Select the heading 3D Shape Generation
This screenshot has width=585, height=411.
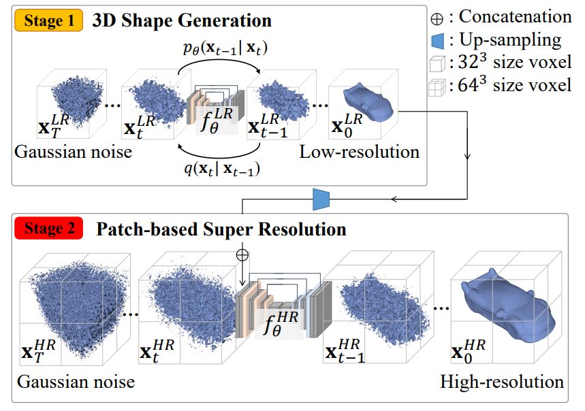click(x=182, y=20)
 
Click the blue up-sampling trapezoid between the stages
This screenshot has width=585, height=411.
click(x=321, y=199)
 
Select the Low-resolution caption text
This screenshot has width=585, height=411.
click(x=359, y=152)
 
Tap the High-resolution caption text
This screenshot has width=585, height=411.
click(x=503, y=380)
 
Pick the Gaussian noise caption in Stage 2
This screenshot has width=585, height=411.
click(x=76, y=380)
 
